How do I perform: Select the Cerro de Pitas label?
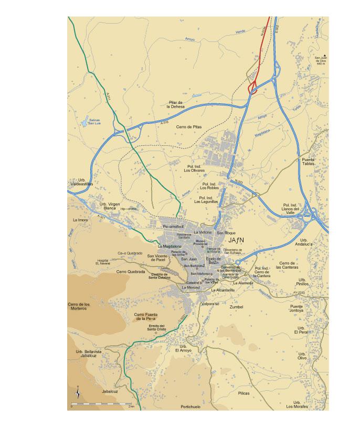[188, 127]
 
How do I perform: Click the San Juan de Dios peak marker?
[324, 55]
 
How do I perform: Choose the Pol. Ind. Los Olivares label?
[194, 168]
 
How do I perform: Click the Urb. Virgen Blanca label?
[110, 205]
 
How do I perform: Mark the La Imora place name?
[81, 220]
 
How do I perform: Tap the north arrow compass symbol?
[78, 392]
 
